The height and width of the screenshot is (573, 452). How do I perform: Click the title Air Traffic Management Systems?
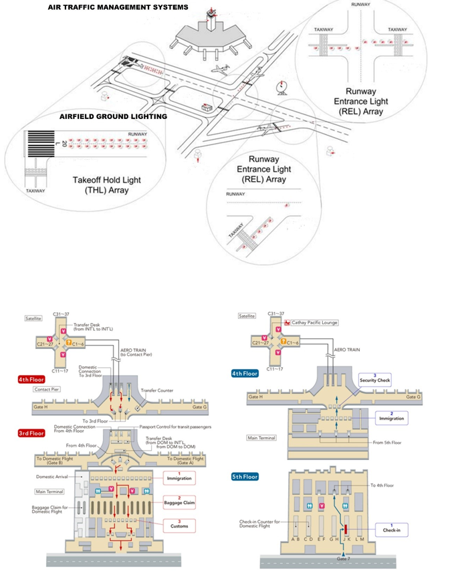(118, 7)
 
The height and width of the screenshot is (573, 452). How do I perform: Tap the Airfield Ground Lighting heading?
(113, 116)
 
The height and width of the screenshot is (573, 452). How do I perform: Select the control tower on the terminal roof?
(212, 19)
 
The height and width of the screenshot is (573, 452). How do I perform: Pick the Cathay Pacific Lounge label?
(314, 322)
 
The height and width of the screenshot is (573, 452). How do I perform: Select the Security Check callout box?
(374, 378)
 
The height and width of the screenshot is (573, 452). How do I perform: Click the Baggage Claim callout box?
(179, 501)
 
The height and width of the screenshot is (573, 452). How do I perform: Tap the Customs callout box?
(179, 526)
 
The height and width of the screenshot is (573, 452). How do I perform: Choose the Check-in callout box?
(391, 529)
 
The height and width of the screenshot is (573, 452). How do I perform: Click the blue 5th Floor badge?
(245, 477)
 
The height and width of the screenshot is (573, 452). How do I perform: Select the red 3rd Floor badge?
(31, 433)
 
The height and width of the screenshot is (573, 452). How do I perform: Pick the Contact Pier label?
(46, 389)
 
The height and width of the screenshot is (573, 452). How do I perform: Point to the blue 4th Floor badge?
(245, 374)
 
